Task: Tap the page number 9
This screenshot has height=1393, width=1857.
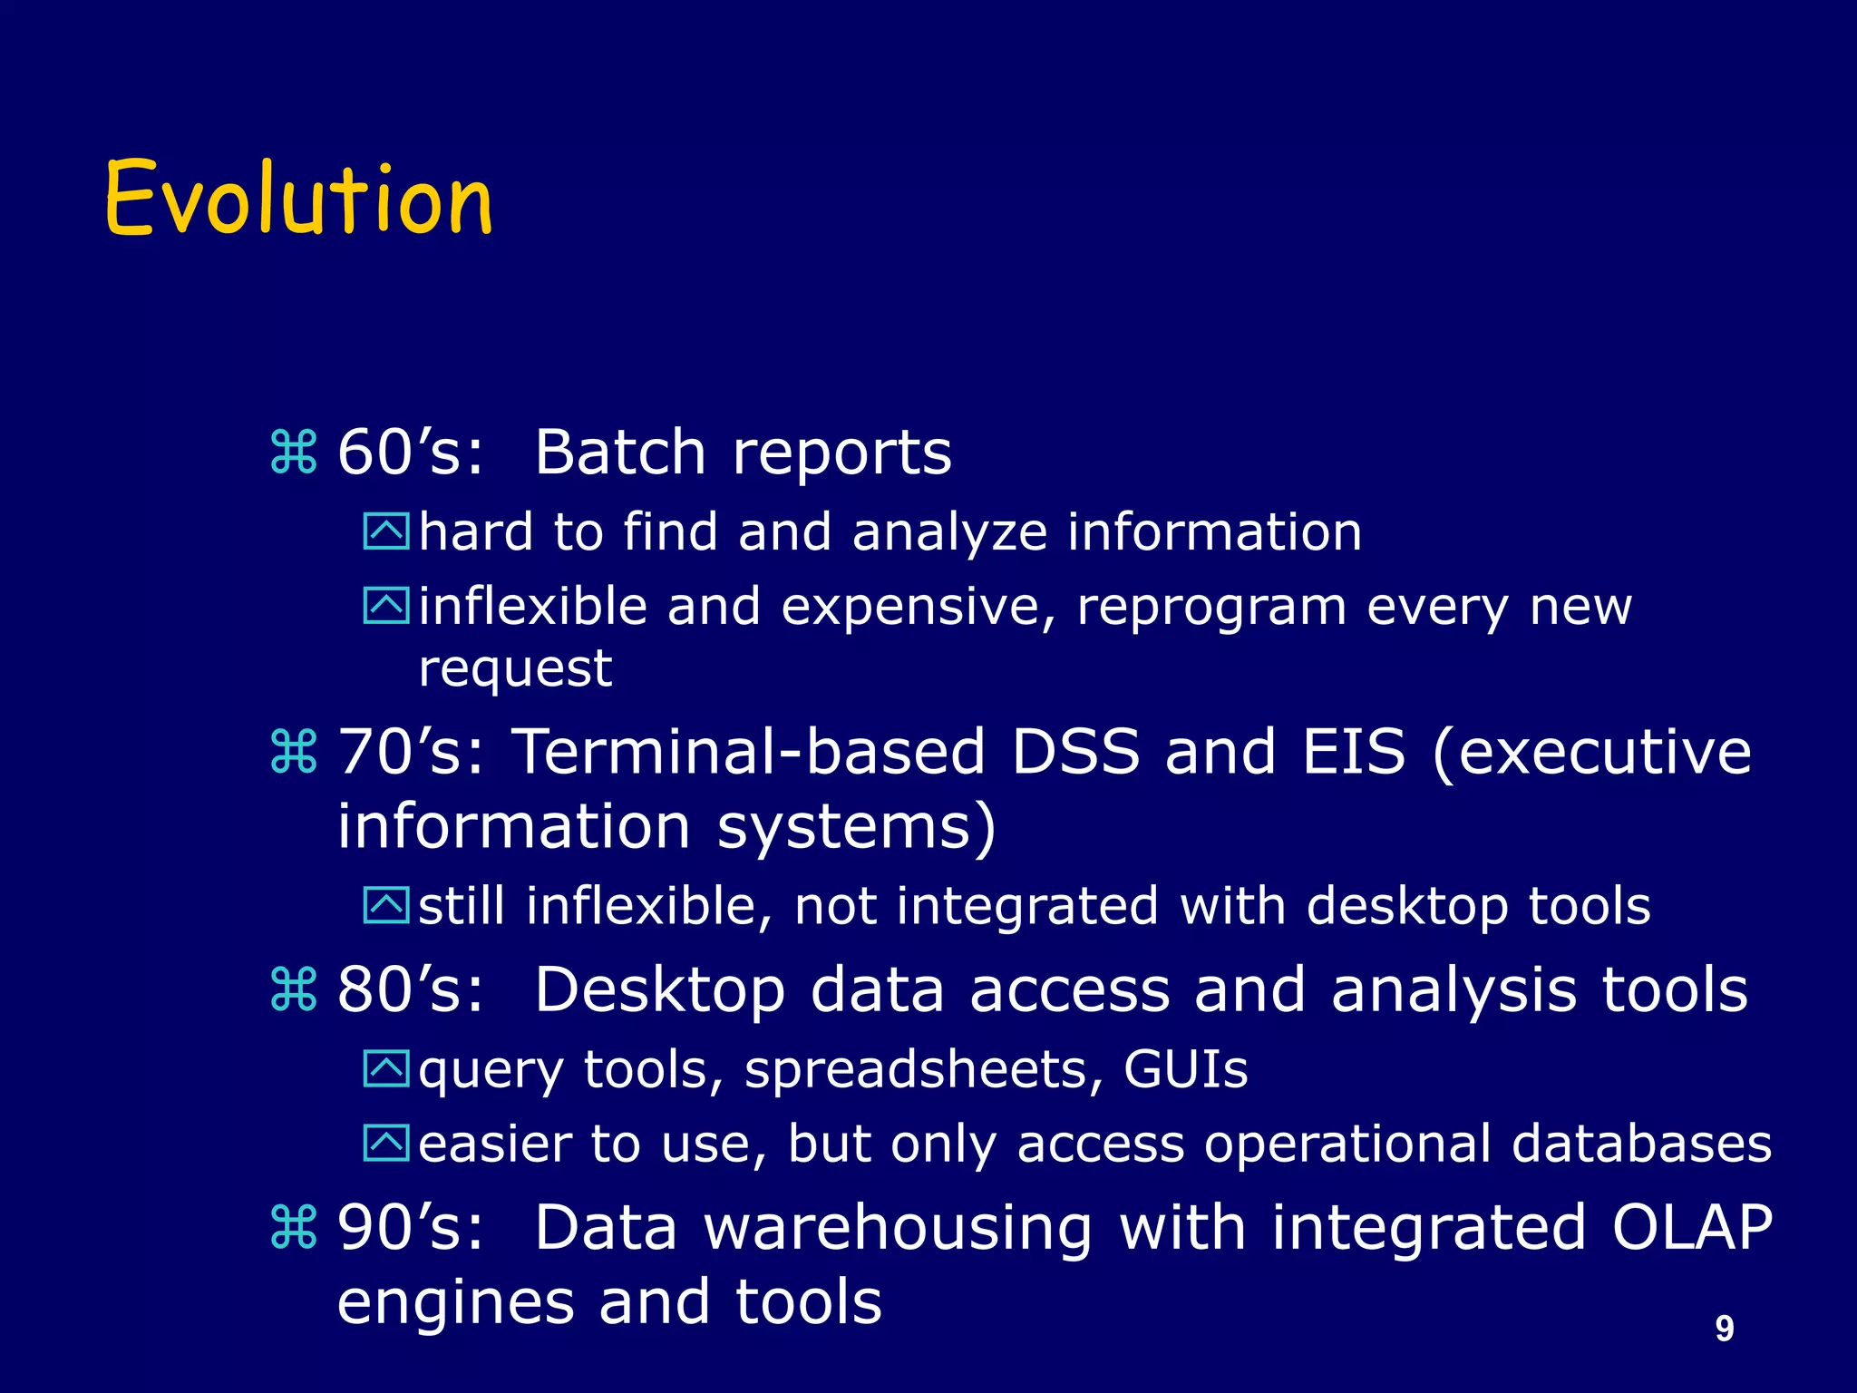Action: (1724, 1328)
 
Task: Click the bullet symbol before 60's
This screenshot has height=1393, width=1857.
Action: (294, 453)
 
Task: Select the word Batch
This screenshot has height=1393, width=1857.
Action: (619, 452)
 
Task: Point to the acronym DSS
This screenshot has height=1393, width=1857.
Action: (1074, 752)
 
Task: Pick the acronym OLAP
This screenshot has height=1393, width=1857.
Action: (1691, 1227)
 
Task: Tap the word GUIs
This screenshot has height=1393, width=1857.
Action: (1185, 1069)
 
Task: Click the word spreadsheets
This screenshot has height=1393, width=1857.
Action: (914, 1071)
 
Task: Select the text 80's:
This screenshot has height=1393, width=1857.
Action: (411, 989)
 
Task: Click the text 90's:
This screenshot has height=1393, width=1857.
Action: (411, 1227)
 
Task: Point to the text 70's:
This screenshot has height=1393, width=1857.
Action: (411, 752)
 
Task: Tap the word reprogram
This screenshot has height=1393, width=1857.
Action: (1211, 608)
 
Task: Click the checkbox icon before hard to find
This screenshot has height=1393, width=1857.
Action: (386, 531)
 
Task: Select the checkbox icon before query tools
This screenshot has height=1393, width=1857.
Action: (386, 1069)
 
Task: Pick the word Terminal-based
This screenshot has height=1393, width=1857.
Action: (748, 752)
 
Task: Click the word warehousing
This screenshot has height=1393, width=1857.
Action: (898, 1229)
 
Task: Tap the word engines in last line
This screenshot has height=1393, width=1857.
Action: (455, 1303)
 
